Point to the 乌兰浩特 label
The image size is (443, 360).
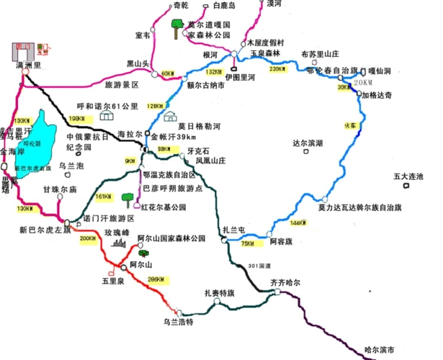(178, 322)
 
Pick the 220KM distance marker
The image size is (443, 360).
(277, 70)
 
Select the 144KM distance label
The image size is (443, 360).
(297, 222)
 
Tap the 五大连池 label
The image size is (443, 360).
(408, 176)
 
